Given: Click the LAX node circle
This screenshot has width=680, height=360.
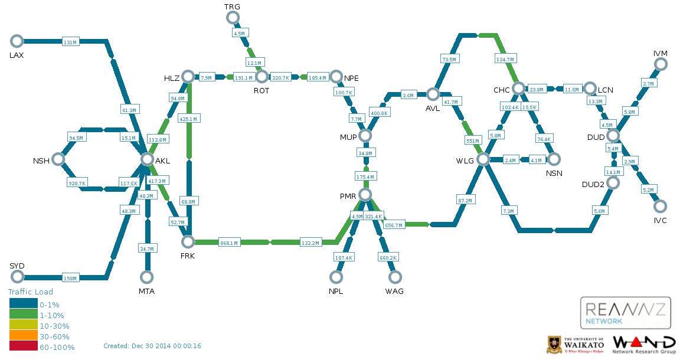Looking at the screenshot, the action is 17,41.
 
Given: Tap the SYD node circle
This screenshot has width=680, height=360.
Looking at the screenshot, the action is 17,277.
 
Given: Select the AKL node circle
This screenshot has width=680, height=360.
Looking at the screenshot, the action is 147,159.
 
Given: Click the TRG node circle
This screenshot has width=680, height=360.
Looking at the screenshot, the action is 233,18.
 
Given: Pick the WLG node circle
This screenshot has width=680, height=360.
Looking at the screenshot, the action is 483,159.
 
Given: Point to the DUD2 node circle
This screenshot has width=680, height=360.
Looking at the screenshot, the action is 613,182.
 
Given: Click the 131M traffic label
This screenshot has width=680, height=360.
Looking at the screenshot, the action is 70,42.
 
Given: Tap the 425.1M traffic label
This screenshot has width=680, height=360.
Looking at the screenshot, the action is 188,119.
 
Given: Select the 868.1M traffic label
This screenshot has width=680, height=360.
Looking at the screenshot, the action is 229,243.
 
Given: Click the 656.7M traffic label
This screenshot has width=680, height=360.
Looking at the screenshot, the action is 394,225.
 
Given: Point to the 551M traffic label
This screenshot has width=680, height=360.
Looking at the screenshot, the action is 473,141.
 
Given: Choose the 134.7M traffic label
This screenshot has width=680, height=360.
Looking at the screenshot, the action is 505,60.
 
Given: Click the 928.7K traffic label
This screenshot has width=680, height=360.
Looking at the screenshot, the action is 77,184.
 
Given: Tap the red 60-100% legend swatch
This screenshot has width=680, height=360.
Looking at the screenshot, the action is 24,346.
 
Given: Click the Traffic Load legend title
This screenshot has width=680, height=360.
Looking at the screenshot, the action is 30,292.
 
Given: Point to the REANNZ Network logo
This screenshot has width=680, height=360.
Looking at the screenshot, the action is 625,313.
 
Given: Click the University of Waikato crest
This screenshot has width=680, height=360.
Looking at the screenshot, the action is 553,345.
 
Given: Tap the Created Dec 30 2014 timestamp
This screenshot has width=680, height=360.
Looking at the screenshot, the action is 152,346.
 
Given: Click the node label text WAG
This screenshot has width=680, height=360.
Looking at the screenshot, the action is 394,291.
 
